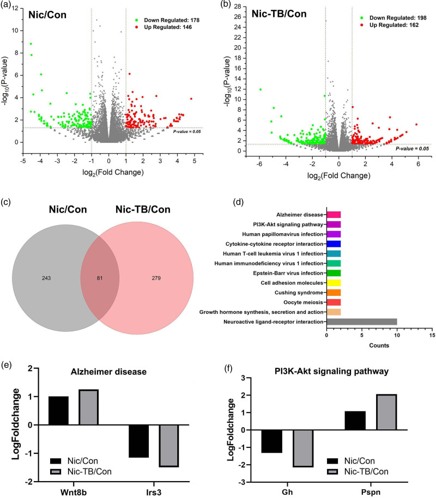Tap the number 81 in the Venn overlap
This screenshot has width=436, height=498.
100,263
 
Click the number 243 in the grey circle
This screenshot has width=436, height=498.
46,263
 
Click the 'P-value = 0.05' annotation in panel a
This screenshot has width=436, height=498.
187,131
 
